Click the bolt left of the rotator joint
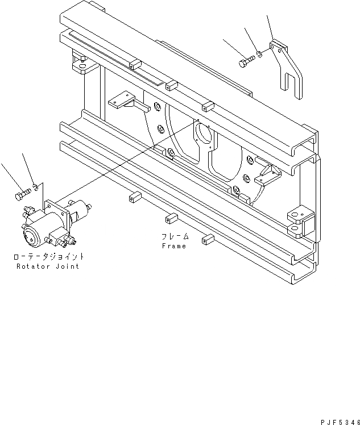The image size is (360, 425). click(x=19, y=196)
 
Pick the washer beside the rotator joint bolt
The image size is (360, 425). click(x=36, y=186)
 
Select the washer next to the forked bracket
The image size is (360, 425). click(x=259, y=54)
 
